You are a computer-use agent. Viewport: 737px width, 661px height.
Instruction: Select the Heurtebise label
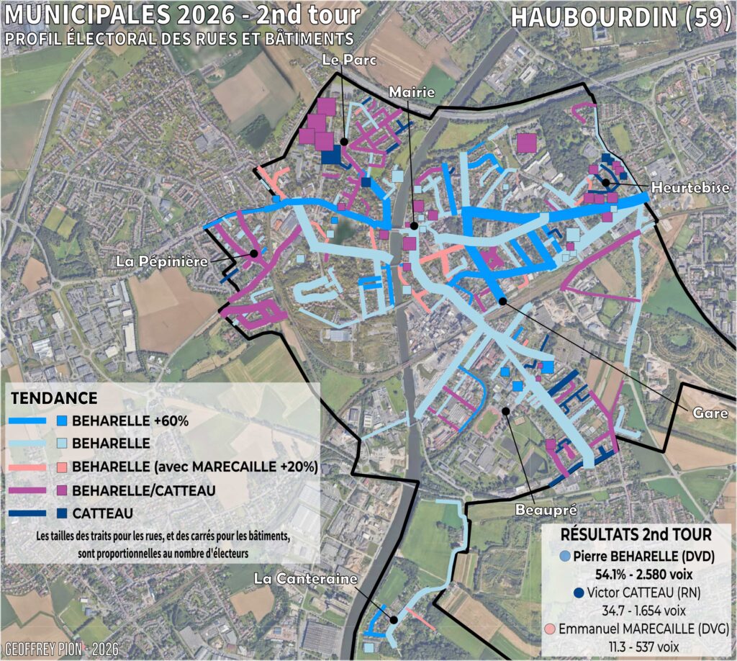pyautogui.click(x=687, y=187)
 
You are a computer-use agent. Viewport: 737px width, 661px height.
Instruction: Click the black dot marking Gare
pyautogui.click(x=502, y=300)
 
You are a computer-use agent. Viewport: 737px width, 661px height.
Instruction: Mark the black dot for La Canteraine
pyautogui.click(x=394, y=619)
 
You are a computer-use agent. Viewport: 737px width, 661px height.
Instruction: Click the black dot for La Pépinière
pyautogui.click(x=253, y=253)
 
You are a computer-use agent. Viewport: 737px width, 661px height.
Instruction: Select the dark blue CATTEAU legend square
pyautogui.click(x=62, y=513)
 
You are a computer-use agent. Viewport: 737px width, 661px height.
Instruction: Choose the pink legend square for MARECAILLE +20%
pyautogui.click(x=62, y=467)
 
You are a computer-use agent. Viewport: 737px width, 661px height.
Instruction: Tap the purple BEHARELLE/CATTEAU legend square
pyautogui.click(x=62, y=490)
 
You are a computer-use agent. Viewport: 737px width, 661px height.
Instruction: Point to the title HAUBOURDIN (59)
pyautogui.click(x=620, y=18)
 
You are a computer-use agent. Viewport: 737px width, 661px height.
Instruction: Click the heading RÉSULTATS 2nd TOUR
pyautogui.click(x=636, y=535)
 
